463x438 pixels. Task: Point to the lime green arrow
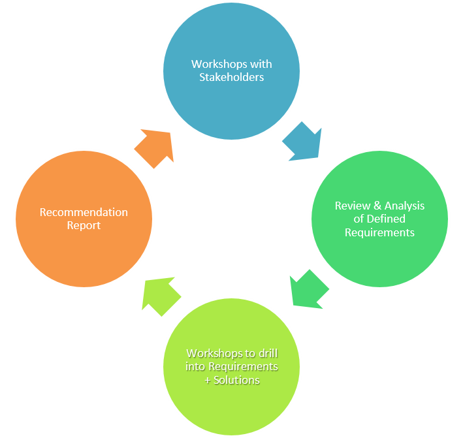[x=161, y=296]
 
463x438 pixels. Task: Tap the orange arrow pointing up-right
[x=155, y=147]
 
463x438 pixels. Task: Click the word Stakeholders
[x=231, y=77]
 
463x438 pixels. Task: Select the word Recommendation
[x=84, y=212]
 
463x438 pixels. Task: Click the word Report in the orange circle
[x=84, y=226]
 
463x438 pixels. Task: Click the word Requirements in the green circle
[x=379, y=232]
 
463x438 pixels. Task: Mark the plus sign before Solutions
[x=207, y=380]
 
